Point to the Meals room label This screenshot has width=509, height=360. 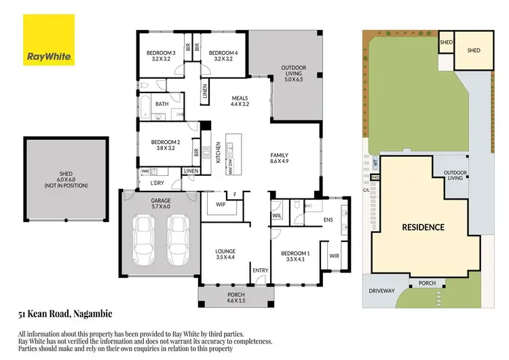[240, 101]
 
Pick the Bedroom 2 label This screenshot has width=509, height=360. [163, 145]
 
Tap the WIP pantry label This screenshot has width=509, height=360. [221, 204]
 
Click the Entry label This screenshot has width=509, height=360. [261, 271]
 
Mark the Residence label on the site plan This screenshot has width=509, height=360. [423, 227]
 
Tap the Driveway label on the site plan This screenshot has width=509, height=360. [381, 291]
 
